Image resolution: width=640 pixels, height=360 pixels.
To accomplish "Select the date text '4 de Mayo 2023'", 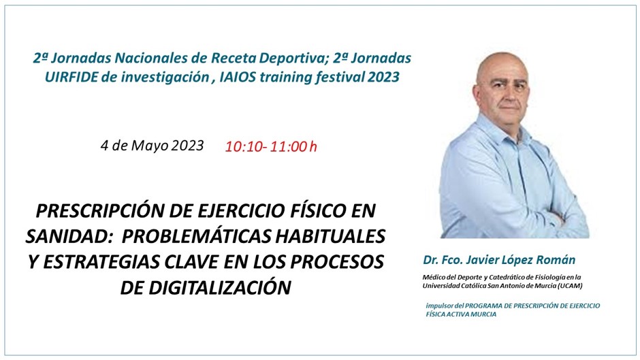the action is click(152, 146).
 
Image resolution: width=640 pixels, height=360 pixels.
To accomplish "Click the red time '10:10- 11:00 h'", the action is click(271, 146).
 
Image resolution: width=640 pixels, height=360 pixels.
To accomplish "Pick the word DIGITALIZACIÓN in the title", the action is click(220, 287).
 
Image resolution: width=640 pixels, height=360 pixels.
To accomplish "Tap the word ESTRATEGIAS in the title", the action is click(101, 261).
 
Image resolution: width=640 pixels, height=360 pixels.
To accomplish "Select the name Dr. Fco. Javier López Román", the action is click(499, 259).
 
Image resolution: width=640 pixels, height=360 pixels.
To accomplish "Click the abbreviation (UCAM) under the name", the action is click(570, 286).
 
